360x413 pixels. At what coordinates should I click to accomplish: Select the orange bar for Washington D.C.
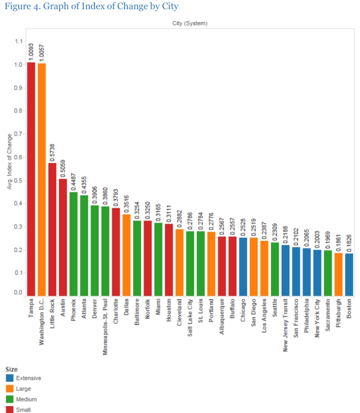coord(41,179)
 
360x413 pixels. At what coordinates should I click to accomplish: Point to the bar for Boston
coord(348,274)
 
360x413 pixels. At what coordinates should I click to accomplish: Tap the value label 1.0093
coord(31,51)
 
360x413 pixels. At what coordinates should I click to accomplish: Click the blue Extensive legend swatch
coord(9,378)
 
